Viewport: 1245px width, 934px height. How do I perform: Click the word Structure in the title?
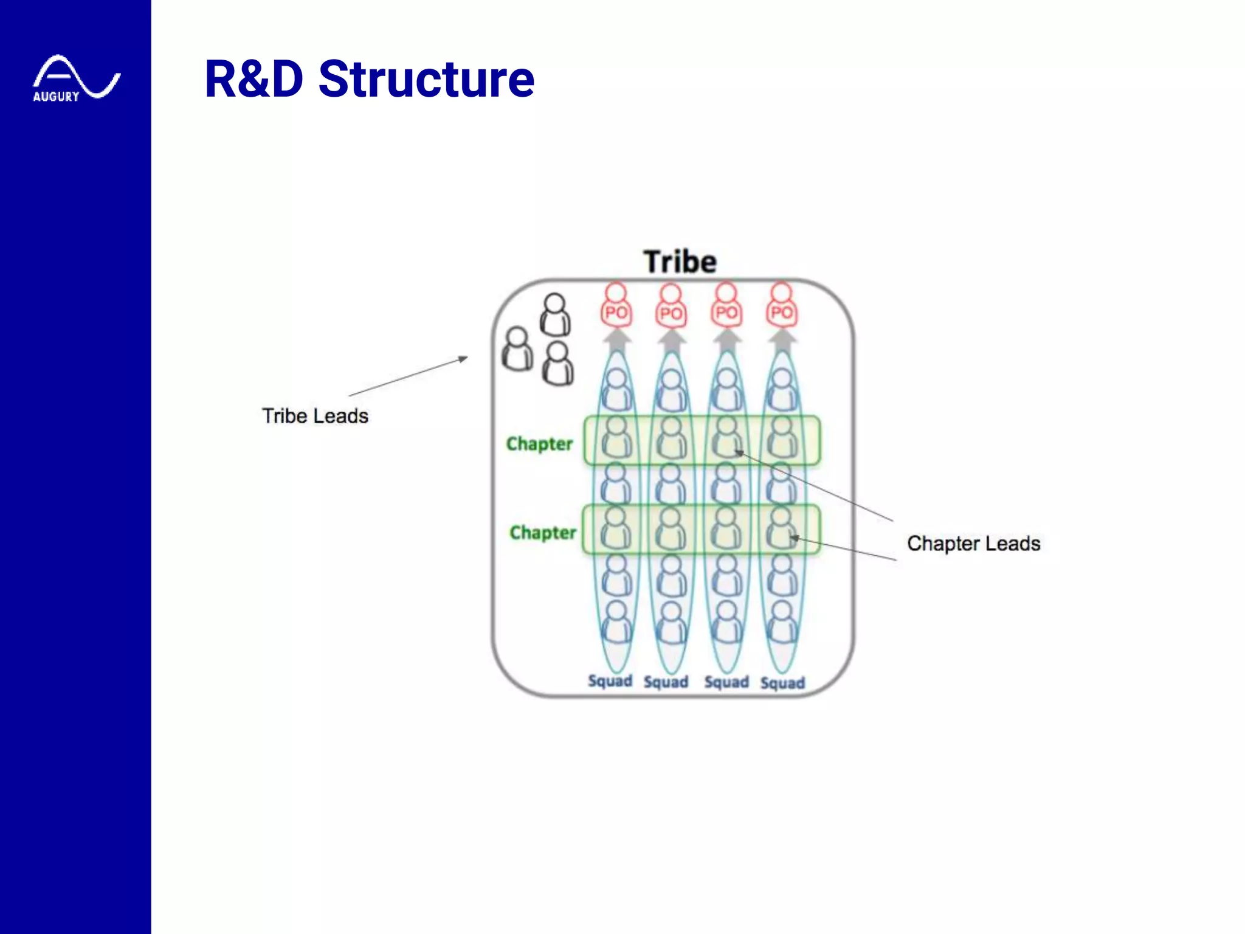point(426,79)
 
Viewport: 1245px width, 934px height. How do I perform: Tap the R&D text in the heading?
point(253,79)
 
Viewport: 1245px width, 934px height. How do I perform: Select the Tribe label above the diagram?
point(680,262)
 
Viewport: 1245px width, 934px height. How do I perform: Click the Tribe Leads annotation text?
point(315,416)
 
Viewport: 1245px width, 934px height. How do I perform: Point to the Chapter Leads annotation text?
point(973,543)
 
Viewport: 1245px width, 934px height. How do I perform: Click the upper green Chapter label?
point(539,444)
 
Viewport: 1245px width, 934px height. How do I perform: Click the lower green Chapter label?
point(542,533)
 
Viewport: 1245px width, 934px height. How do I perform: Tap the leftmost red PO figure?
point(616,306)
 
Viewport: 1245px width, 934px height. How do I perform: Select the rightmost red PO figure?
point(781,306)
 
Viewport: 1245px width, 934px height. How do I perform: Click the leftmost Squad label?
point(610,681)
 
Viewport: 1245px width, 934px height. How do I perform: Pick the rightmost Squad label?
point(782,683)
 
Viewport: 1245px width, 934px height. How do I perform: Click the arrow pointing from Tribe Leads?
point(408,377)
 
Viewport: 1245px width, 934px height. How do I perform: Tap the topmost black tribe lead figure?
point(555,314)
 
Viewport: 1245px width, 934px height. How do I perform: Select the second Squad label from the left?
point(666,682)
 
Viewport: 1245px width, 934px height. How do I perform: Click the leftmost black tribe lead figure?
point(517,349)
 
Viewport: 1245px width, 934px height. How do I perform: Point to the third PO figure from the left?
point(726,306)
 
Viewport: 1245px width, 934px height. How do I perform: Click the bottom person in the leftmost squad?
point(616,622)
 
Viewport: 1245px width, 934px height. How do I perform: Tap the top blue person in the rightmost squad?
point(782,389)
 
